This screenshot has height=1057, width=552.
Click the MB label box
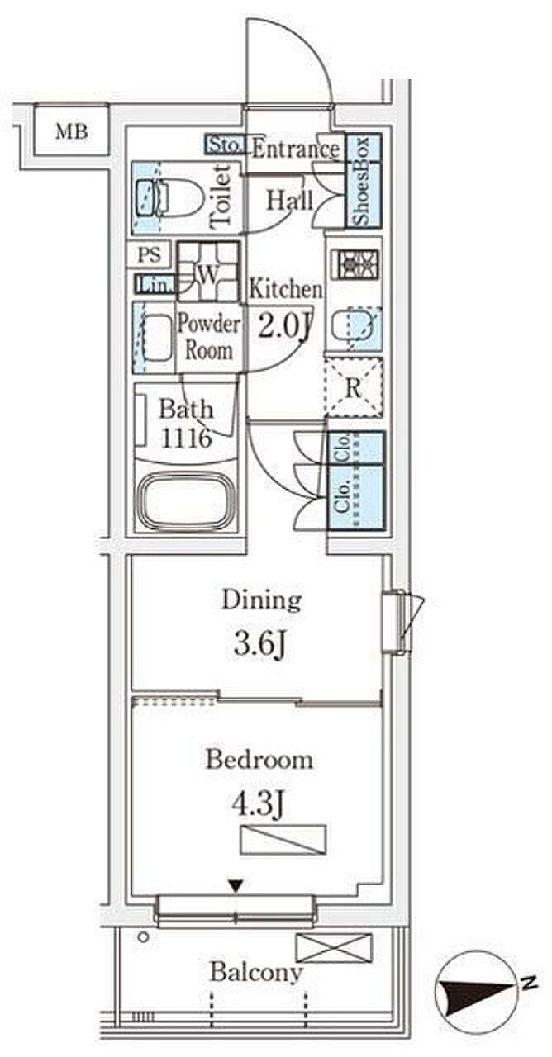pos(72,131)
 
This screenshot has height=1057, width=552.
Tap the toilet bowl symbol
pos(170,197)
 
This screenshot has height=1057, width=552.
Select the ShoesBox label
pos(362,181)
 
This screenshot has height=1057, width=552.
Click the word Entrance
pos(296,149)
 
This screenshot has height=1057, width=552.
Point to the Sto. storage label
pos(224,145)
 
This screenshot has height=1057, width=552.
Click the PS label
pos(150,255)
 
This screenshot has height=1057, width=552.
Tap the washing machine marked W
pos(208,271)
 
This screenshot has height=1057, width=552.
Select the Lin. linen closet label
pos(154,285)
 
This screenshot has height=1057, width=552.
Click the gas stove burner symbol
pos(355,263)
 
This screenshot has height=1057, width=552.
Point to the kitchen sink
pos(356,328)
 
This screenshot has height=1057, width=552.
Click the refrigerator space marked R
pos(354,388)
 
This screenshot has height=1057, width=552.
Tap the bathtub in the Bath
pos(186,500)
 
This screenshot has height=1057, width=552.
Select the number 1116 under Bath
pos(186,438)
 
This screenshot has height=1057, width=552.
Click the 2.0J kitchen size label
pos(283,326)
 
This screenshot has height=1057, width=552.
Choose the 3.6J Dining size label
pos(259,643)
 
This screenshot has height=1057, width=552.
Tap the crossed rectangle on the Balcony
pos(334,948)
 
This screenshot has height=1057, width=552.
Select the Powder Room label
pos(209,337)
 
